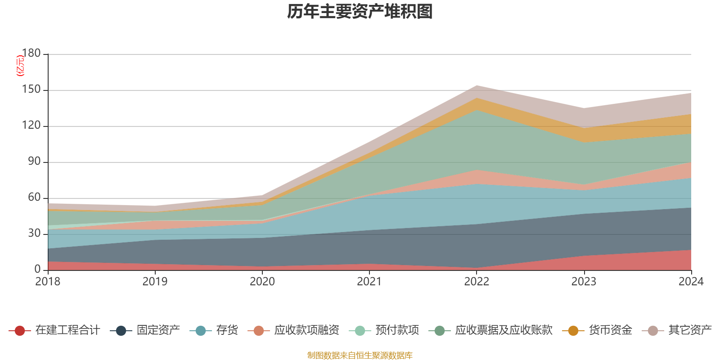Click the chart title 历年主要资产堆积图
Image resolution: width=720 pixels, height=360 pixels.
point(360,12)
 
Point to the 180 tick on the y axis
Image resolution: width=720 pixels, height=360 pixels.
point(31,54)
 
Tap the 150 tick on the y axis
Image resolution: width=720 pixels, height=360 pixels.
point(31,90)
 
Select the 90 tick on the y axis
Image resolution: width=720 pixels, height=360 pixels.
point(34,162)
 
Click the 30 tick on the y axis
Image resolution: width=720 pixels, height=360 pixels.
point(34,234)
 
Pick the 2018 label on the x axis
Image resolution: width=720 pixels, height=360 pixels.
point(48,282)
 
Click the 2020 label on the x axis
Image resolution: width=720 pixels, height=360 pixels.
point(262,282)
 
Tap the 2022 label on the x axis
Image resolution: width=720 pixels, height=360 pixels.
point(477,282)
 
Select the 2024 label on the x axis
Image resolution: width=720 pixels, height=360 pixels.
point(691,282)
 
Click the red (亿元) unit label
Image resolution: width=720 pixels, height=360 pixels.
point(20,66)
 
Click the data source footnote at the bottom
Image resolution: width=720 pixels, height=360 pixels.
point(360,355)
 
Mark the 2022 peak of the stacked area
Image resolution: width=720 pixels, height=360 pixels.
point(477,85)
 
